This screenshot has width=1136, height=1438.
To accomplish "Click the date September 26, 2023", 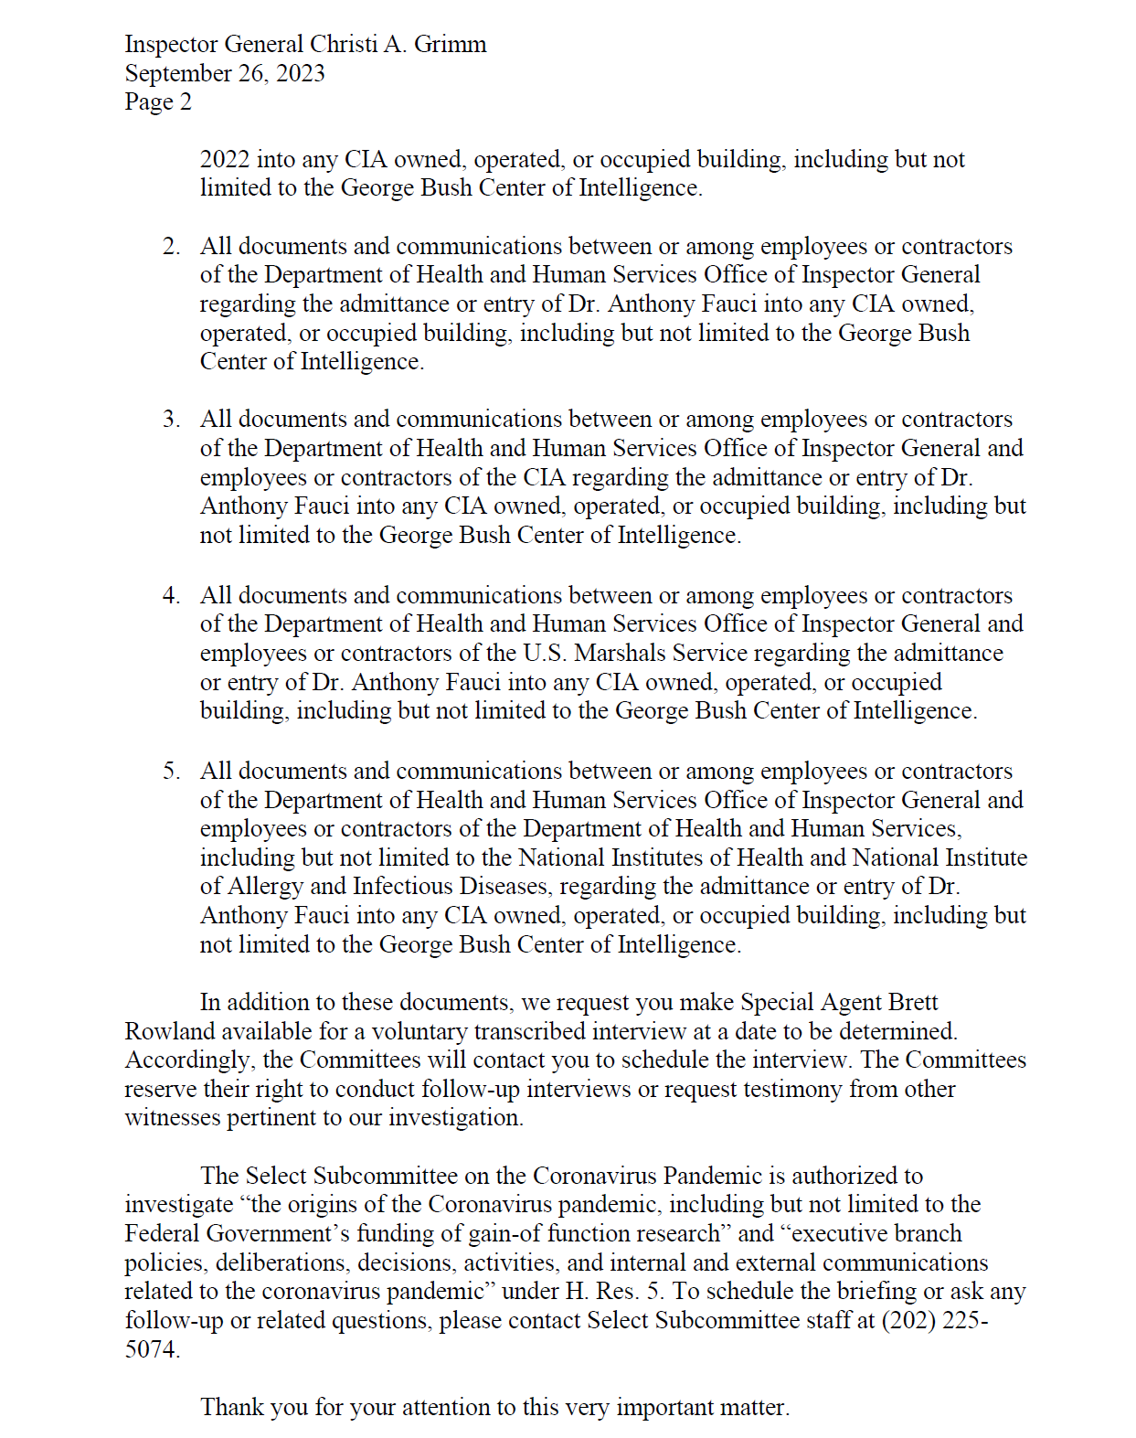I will (225, 73).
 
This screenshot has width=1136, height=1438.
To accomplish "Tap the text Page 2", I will (158, 101).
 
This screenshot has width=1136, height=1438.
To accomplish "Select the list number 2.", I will (171, 247).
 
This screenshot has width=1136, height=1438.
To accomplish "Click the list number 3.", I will (171, 420).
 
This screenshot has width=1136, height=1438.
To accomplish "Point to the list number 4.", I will (171, 596).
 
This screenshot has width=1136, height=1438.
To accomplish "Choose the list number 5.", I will (171, 772).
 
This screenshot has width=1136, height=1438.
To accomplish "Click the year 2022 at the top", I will (225, 160).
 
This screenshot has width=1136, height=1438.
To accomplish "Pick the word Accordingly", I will (189, 1060).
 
